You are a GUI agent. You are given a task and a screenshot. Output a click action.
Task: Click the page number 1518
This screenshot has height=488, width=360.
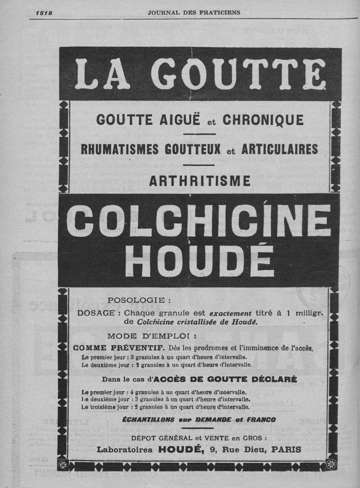(44, 13)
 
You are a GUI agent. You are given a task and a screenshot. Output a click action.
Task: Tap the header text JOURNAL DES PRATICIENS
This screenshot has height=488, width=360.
(194, 13)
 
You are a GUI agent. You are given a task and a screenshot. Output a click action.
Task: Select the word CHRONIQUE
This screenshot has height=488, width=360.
(263, 120)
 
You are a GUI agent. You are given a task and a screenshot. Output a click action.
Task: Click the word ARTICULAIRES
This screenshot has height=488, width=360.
(279, 149)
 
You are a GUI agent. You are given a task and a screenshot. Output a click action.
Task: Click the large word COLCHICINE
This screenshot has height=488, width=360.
(198, 220)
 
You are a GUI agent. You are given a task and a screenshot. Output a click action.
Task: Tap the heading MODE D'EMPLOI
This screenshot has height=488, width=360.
(152, 336)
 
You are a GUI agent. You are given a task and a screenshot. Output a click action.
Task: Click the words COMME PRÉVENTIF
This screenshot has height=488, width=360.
(119, 348)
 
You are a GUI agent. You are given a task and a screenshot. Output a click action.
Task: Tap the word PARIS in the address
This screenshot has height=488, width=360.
(286, 449)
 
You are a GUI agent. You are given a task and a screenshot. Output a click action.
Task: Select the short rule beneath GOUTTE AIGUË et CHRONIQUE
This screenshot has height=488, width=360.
(199, 134)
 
